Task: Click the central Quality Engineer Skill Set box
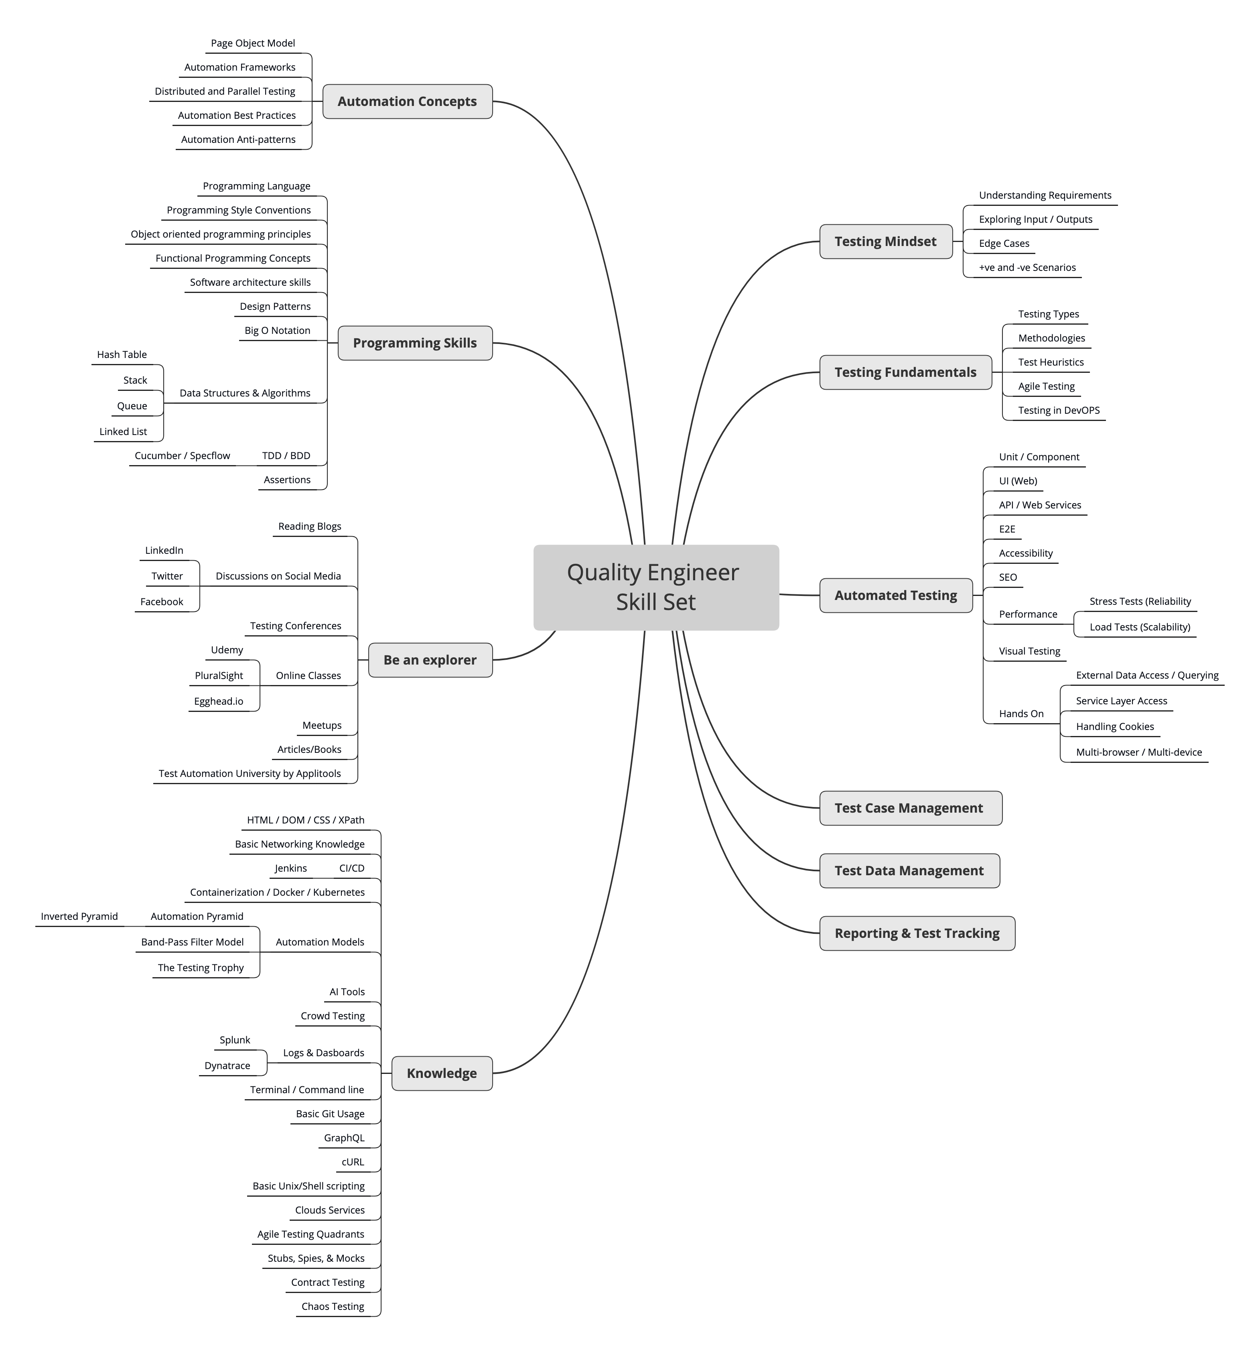tap(655, 587)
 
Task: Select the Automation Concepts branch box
tap(407, 102)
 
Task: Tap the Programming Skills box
tap(415, 343)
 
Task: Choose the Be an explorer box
tap(430, 660)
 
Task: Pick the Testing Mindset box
tap(885, 242)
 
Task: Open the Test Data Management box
tap(909, 870)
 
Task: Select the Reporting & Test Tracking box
tap(917, 933)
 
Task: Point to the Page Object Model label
tap(253, 43)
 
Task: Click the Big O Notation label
tap(278, 331)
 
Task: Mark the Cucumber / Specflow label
tap(182, 455)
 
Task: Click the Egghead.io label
tap(218, 701)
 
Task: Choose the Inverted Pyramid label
tap(79, 917)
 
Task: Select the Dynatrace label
tap(227, 1066)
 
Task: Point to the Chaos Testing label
tap(333, 1306)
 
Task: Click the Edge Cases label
tap(1004, 244)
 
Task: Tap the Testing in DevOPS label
tap(1059, 410)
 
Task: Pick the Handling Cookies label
tap(1114, 726)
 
